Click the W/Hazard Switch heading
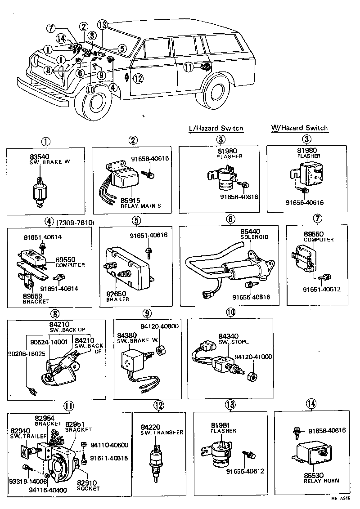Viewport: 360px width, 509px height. [299, 128]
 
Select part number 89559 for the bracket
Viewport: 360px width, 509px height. [32, 296]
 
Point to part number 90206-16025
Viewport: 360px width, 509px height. [26, 353]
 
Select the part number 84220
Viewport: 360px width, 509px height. [150, 426]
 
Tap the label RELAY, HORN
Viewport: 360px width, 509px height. [322, 481]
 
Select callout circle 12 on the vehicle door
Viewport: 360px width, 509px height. [138, 79]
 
